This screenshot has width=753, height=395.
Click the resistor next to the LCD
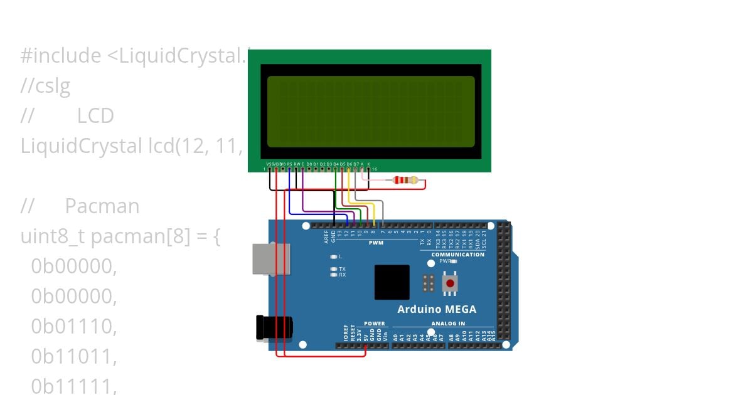point(405,181)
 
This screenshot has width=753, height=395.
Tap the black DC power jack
point(274,328)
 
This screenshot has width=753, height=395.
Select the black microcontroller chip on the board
point(392,282)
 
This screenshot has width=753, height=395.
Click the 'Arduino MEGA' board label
point(437,309)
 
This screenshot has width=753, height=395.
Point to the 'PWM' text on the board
point(376,243)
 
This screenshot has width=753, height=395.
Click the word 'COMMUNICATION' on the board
point(457,255)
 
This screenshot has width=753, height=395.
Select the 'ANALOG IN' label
point(448,324)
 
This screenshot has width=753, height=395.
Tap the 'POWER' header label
point(374,324)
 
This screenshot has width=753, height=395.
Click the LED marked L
point(334,256)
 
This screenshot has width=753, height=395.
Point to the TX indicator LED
point(334,269)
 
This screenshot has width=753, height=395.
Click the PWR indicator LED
point(454,261)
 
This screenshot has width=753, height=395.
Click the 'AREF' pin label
point(326,236)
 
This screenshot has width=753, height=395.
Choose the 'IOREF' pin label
point(346,332)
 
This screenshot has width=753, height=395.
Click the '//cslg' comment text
point(45,86)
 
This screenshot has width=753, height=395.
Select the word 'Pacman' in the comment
point(102,206)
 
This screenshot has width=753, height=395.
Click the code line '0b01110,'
point(74,326)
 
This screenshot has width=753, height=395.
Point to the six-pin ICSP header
point(429,283)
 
